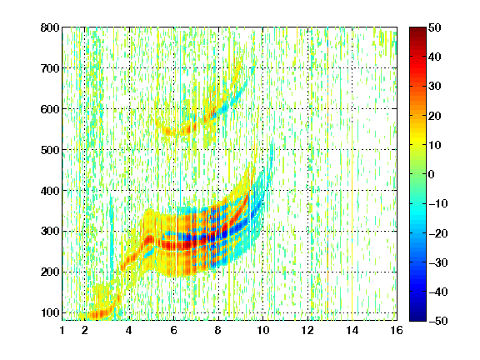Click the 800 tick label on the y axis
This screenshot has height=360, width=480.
pyautogui.click(x=50, y=27)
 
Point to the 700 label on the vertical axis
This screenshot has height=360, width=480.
pyautogui.click(x=50, y=68)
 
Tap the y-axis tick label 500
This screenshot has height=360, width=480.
pyautogui.click(x=50, y=150)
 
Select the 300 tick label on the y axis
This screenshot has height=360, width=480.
pyautogui.click(x=50, y=231)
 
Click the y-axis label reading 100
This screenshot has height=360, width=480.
pyautogui.click(x=50, y=312)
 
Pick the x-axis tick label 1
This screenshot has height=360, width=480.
pyautogui.click(x=62, y=330)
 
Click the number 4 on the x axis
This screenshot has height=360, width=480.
pyautogui.click(x=129, y=330)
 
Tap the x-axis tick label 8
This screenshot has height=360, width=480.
pyautogui.click(x=217, y=330)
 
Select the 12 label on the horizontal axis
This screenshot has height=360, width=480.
pyautogui.click(x=307, y=330)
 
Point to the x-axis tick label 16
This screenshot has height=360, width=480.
pyautogui.click(x=397, y=330)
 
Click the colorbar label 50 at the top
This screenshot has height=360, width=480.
pyautogui.click(x=435, y=27)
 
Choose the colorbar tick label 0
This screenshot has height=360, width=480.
pyautogui.click(x=432, y=174)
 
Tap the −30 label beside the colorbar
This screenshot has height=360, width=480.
pyautogui.click(x=438, y=262)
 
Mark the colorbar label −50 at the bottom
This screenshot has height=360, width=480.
pyautogui.click(x=438, y=321)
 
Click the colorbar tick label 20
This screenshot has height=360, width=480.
pyautogui.click(x=435, y=116)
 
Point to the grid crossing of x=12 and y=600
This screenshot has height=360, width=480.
pyautogui.click(x=307, y=108)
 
